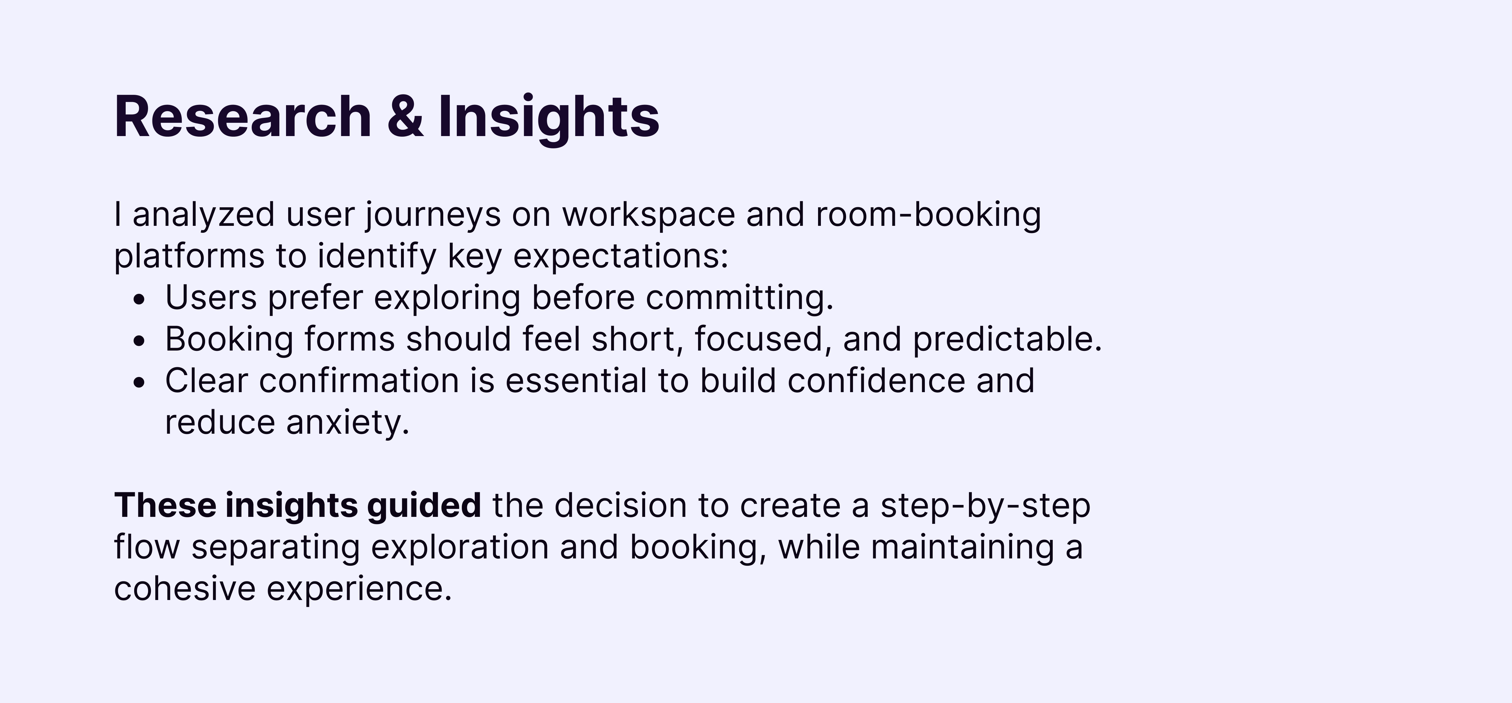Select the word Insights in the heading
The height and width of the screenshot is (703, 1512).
pos(549,117)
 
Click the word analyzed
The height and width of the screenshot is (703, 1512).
pos(203,215)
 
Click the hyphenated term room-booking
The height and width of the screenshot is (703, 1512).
pos(929,215)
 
